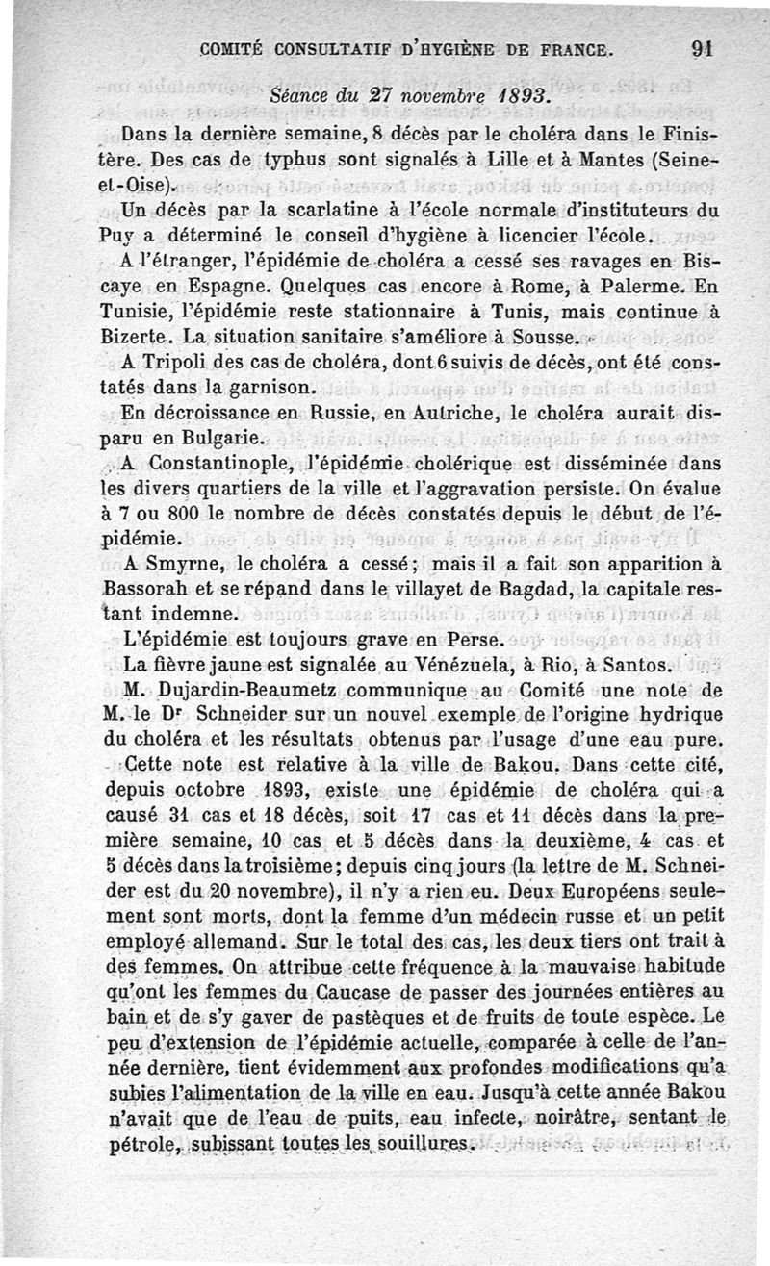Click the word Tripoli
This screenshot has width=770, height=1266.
[x=180, y=363]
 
